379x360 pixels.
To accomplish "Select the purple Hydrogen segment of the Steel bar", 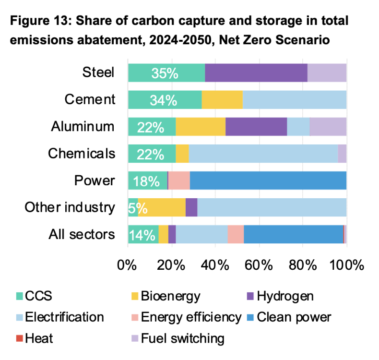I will (256, 73).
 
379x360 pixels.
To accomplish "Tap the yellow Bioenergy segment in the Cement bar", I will (222, 100).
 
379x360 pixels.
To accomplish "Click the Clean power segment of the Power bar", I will (268, 181).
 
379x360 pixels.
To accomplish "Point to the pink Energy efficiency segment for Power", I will (178, 181).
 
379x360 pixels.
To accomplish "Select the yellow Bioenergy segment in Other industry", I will (162, 208).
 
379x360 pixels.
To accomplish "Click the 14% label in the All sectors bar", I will (142, 235).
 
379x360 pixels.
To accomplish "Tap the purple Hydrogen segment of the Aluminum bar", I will (256, 127).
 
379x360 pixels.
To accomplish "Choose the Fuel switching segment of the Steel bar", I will (326, 73).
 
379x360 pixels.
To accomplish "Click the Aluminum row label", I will (83, 127).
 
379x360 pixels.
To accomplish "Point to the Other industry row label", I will (70, 208).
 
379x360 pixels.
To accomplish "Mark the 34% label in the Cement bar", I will (164, 100).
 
